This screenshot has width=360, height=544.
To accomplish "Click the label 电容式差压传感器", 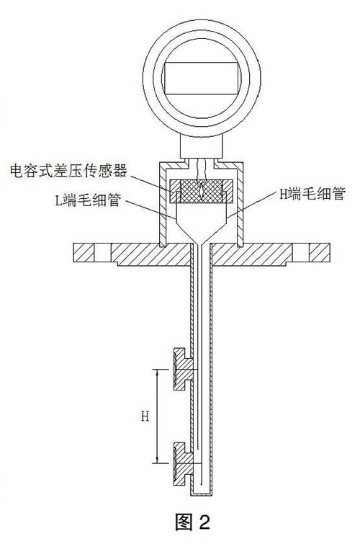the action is click(x=68, y=171).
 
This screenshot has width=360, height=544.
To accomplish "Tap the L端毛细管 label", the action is click(x=88, y=200).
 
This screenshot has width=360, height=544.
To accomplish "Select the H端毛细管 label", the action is click(x=312, y=194).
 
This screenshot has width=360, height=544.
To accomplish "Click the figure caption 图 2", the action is click(x=192, y=521).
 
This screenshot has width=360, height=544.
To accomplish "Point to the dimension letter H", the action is click(x=145, y=416).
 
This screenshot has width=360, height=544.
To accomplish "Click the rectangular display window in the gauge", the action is click(x=202, y=79).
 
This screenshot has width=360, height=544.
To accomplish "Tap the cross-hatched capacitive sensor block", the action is click(x=201, y=191).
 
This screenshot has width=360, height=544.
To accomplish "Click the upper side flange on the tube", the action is click(x=183, y=369).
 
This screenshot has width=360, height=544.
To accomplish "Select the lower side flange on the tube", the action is click(x=183, y=464).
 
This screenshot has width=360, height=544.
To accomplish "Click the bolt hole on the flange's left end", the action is click(x=102, y=252).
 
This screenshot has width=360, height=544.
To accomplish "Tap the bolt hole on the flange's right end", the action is click(x=301, y=252).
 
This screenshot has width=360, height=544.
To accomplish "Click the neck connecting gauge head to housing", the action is click(x=201, y=147).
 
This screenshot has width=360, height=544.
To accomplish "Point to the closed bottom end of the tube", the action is click(x=202, y=494).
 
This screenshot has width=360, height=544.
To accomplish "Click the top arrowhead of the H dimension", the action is click(x=158, y=371).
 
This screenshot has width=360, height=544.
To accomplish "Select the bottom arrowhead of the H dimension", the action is click(x=158, y=461).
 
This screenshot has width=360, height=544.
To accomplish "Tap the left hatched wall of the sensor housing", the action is click(x=162, y=204).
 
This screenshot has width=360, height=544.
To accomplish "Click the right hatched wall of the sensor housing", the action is click(x=240, y=204).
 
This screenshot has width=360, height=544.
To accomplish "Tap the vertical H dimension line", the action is click(x=158, y=416).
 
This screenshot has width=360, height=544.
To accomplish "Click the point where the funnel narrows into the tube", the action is click(x=201, y=244).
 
